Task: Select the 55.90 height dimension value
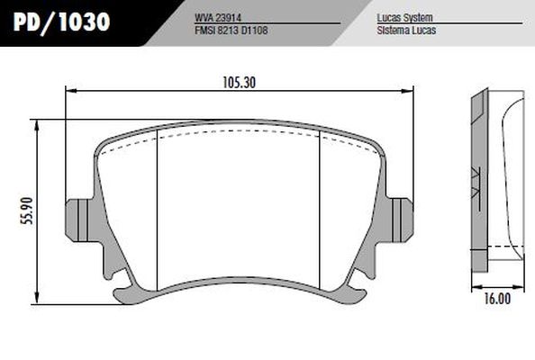(x=27, y=211)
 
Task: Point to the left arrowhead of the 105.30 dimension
(x=71, y=90)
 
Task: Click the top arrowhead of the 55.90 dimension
(x=37, y=124)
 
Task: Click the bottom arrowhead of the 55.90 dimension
(x=37, y=298)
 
